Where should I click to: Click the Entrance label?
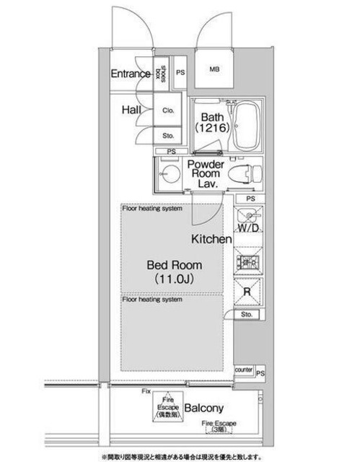pyautogui.click(x=130, y=74)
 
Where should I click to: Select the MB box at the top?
pyautogui.click(x=214, y=70)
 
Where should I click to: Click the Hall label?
pyautogui.click(x=131, y=110)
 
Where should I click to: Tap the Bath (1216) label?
pyautogui.click(x=210, y=121)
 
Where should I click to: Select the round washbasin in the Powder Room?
pyautogui.click(x=170, y=173)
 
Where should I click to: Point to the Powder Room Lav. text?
pyautogui.click(x=206, y=173)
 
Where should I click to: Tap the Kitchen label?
pyautogui.click(x=211, y=239)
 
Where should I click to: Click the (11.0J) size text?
pyautogui.click(x=175, y=278)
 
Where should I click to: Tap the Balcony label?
pyautogui.click(x=208, y=408)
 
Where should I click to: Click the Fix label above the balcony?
pyautogui.click(x=146, y=391)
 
